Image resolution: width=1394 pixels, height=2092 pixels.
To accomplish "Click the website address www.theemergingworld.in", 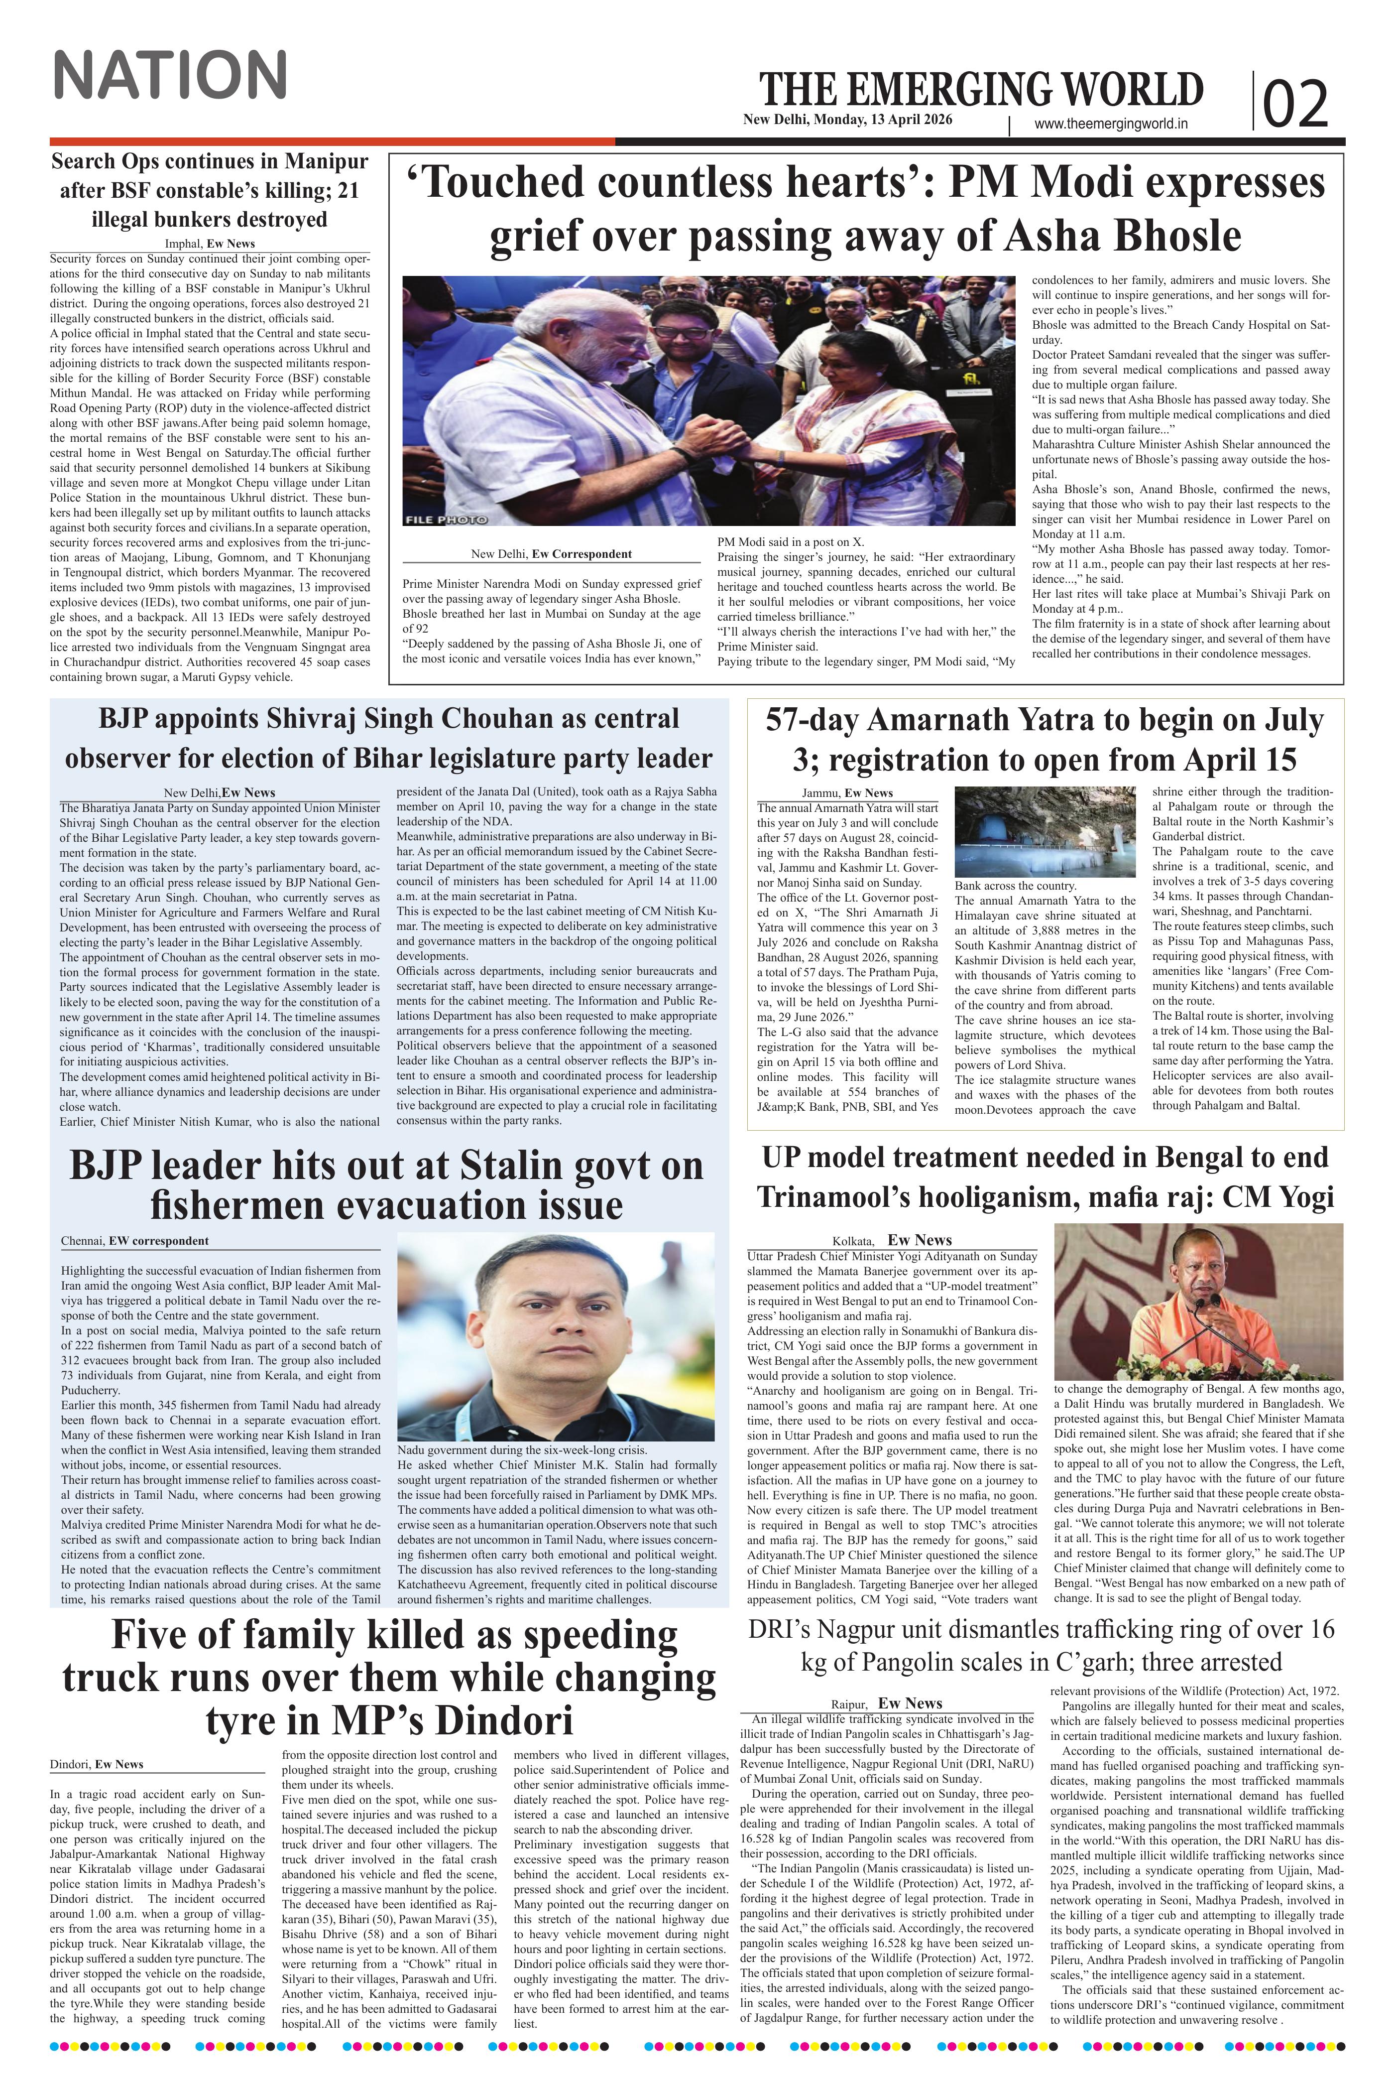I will (x=1111, y=126).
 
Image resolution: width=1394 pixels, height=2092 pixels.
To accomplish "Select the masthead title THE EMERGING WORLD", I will (x=981, y=90).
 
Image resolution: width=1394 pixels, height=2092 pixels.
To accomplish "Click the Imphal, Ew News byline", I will (x=210, y=244).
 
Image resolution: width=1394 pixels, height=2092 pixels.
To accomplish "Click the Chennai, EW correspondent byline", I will (x=135, y=1241).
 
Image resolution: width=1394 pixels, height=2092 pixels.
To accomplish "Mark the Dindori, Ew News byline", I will (x=96, y=1764).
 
